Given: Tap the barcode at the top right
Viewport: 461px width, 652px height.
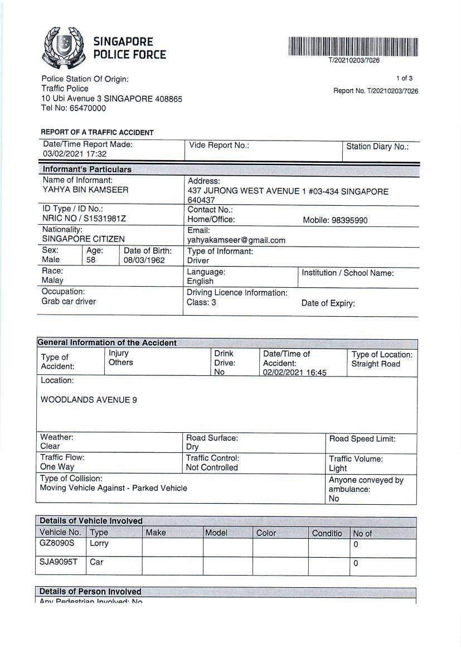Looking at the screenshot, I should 353,46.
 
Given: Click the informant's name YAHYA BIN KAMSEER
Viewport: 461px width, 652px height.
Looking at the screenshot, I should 85,190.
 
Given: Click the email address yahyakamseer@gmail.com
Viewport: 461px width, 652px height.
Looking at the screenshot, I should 236,240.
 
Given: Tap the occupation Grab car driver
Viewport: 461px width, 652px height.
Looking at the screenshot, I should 69,302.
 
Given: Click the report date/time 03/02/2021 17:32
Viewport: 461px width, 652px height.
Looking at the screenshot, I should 75,154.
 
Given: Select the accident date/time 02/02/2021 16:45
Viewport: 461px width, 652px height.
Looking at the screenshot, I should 295,373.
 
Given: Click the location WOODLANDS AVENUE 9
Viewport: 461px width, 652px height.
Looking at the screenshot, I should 89,400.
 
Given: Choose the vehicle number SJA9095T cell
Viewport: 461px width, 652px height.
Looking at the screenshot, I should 59,562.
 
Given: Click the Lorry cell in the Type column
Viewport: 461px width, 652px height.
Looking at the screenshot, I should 99,543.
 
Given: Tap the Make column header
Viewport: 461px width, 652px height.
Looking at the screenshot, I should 156,533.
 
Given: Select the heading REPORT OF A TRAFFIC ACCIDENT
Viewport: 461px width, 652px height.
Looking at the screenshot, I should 97,133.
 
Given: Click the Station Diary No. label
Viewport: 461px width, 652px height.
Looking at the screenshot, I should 377,147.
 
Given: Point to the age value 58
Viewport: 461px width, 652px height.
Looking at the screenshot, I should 91,260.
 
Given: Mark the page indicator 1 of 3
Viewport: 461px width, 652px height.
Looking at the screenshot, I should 404,78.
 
